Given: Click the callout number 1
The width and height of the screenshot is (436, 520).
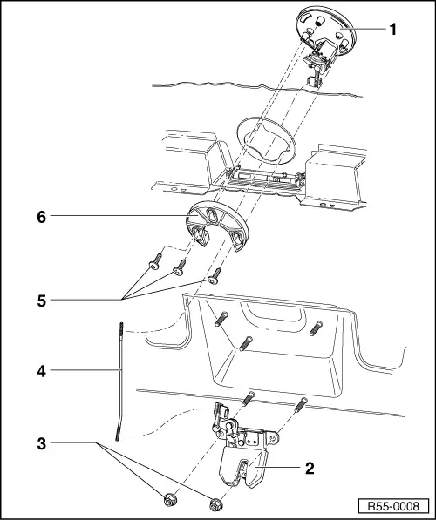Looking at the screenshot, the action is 392,30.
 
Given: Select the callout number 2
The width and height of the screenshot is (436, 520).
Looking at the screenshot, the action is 310,469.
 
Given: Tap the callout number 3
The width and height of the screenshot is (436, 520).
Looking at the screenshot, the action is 42,444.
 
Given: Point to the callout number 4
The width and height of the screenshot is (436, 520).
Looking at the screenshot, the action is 42,371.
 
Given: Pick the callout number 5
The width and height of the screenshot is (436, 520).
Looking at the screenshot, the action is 42,301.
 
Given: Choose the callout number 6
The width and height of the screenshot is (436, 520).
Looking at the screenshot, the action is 42,218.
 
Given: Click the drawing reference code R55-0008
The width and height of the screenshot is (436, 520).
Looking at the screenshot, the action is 393,506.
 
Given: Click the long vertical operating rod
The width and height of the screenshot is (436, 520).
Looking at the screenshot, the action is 120,382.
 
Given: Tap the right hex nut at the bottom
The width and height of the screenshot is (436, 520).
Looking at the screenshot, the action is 216,503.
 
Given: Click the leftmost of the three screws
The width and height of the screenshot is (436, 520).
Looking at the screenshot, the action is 155,261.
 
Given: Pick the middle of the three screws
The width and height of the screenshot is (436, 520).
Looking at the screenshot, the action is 180,267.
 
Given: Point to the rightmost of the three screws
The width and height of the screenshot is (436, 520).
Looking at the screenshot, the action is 215,276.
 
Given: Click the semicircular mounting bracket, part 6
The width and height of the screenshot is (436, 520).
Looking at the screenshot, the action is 217,226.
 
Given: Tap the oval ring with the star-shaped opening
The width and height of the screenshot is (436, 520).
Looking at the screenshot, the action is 266,140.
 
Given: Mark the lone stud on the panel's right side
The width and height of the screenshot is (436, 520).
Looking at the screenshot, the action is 316,328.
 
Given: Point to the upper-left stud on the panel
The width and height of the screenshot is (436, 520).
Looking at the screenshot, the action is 221,319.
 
